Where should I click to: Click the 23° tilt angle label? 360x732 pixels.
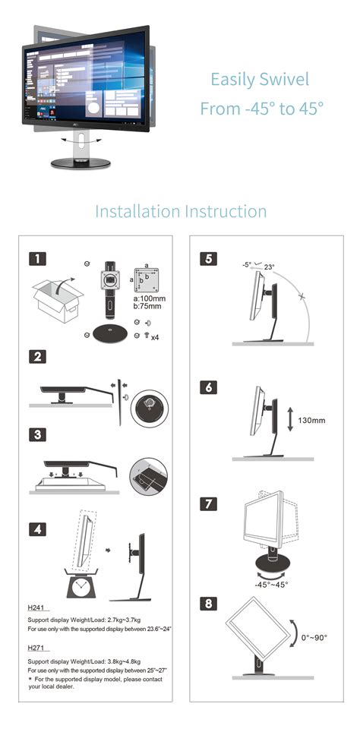[269, 267]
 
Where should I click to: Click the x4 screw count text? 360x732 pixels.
[154, 336]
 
